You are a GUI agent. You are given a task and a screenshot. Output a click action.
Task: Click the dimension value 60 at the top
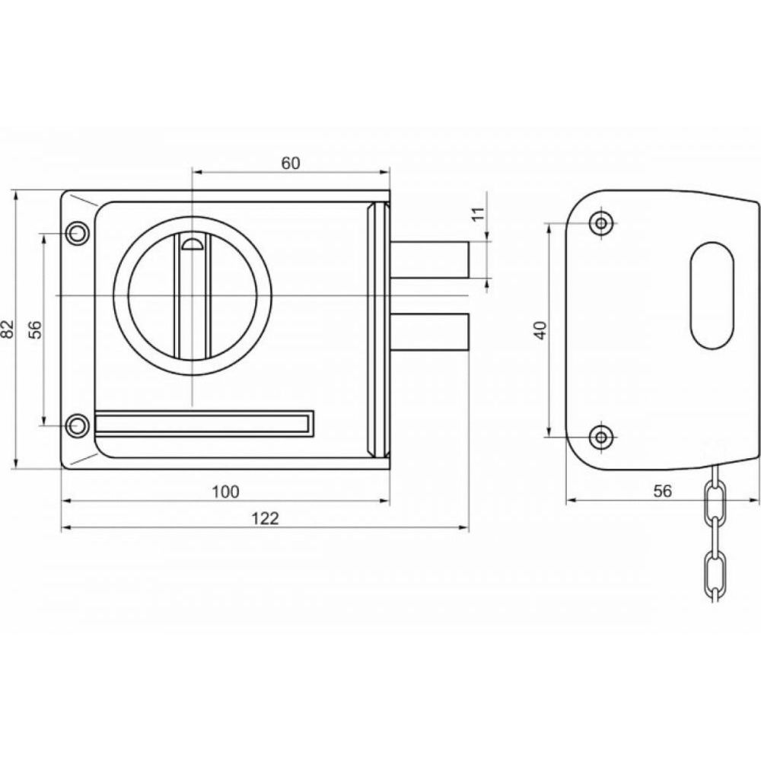click(291, 164)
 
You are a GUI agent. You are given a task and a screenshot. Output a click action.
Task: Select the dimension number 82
click(8, 329)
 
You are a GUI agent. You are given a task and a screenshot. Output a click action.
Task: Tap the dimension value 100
click(226, 492)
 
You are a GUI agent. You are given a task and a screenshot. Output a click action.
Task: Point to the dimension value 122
click(266, 518)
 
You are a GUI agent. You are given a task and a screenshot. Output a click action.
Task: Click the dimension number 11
click(478, 214)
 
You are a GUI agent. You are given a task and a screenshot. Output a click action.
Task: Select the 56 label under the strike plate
click(662, 491)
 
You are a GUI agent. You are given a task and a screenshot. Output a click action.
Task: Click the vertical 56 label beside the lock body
click(36, 330)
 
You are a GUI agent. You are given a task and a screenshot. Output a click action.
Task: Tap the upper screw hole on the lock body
click(75, 234)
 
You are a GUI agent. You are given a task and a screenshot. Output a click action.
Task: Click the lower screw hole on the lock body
click(75, 426)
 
